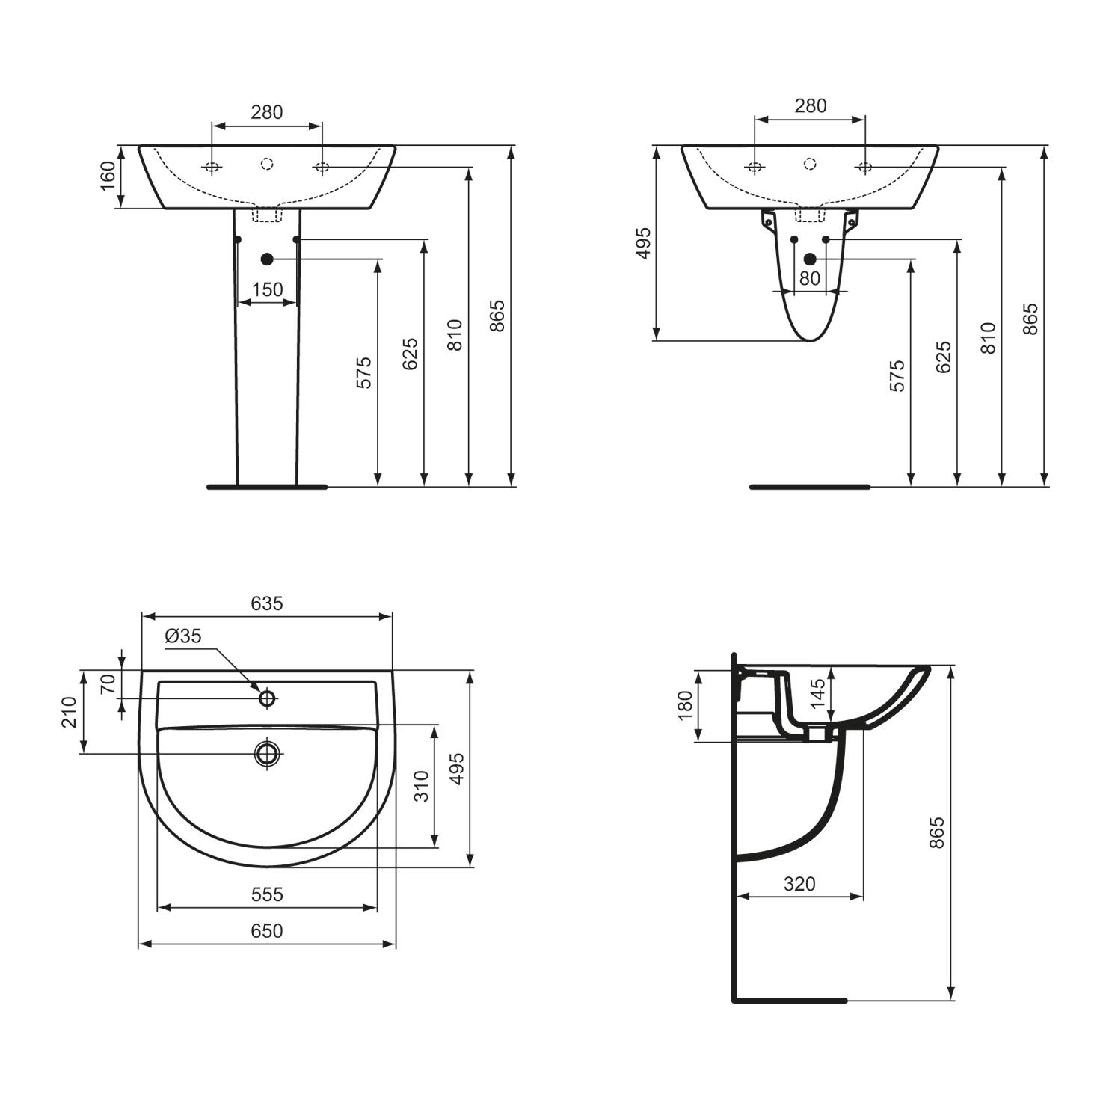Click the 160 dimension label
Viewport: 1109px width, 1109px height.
pos(109,176)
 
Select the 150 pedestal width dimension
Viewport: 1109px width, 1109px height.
pos(267,289)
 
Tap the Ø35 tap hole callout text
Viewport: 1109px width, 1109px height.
pos(183,636)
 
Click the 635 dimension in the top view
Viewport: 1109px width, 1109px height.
pos(267,603)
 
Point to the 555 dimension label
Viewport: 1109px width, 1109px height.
pos(267,894)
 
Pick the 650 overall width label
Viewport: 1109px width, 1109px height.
pos(267,930)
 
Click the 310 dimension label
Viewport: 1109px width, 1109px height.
pos(423,786)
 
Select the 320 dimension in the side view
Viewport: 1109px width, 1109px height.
pos(799,883)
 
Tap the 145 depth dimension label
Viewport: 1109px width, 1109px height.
pos(818,693)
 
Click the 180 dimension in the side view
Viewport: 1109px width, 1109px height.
pos(685,706)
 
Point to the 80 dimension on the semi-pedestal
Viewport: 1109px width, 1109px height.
pos(810,278)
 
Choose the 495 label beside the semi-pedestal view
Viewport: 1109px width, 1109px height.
pos(643,243)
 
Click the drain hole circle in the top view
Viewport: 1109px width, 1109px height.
pos(267,753)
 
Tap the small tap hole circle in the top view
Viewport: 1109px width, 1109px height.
pos(267,698)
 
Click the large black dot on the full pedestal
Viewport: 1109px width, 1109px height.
pos(267,259)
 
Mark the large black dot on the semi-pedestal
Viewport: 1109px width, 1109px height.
pos(810,259)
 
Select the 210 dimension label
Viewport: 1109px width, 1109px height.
pos(70,711)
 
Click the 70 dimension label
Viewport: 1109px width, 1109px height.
pos(108,683)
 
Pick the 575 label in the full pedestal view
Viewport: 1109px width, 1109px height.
pos(363,372)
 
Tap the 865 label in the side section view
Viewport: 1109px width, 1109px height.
pos(937,832)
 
